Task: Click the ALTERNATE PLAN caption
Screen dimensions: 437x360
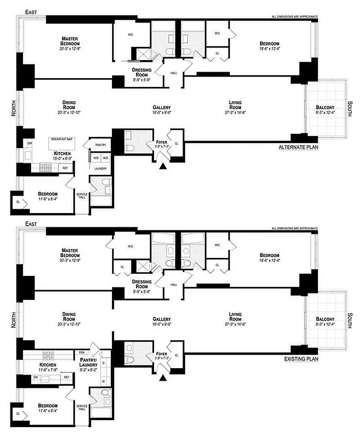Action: pyautogui.click(x=298, y=147)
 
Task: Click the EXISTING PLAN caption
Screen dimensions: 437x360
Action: pyautogui.click(x=300, y=359)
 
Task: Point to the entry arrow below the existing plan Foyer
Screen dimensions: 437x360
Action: pyautogui.click(x=162, y=377)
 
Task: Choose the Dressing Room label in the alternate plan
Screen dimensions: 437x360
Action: pyautogui.click(x=141, y=73)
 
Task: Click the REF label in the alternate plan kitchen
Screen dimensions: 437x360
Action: pyautogui.click(x=65, y=168)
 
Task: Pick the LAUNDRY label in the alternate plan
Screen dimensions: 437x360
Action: pyautogui.click(x=100, y=169)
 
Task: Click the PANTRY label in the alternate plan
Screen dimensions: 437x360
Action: pyautogui.click(x=100, y=145)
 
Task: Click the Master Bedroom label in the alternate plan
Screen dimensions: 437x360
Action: pyautogui.click(x=69, y=41)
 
